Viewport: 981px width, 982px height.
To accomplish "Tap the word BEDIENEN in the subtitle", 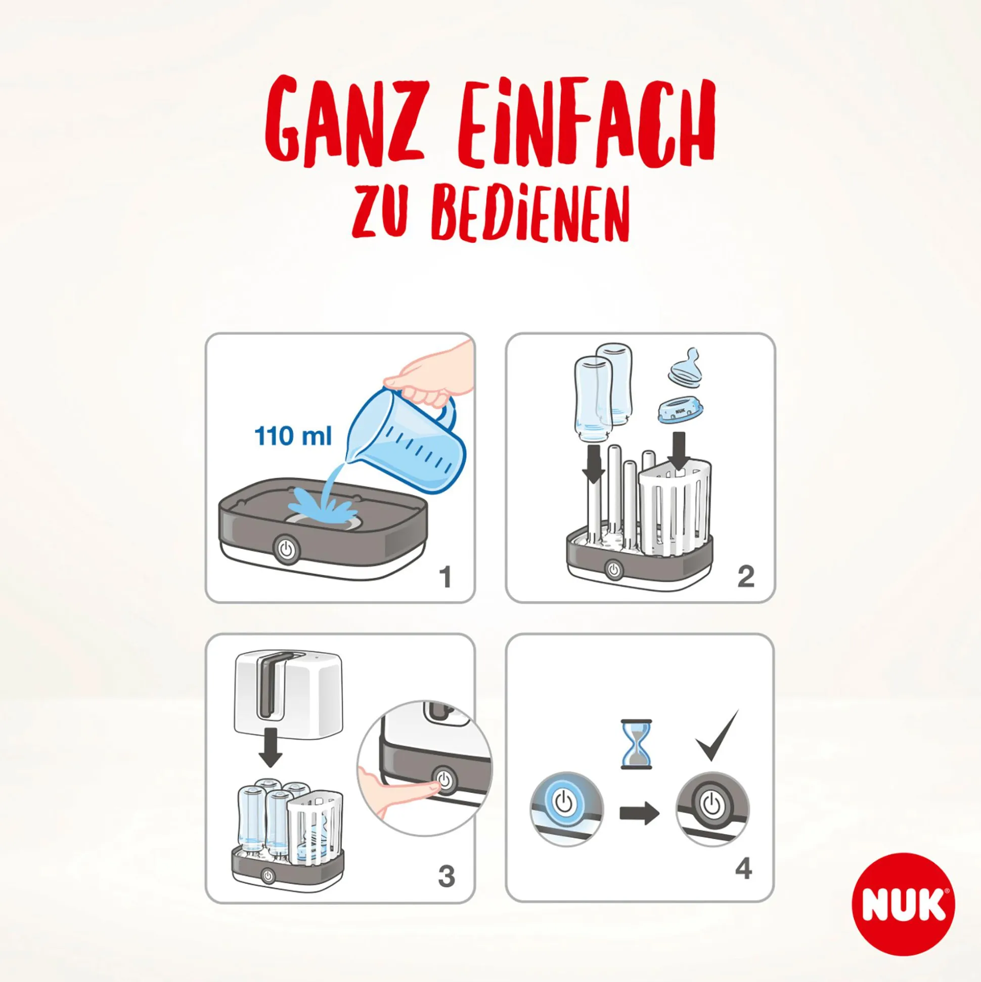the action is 530,214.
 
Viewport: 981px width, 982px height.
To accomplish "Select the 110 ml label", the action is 293,436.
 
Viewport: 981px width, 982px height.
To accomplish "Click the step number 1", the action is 445,577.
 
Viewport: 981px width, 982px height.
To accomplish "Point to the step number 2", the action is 745,577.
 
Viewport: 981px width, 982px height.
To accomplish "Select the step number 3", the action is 446,876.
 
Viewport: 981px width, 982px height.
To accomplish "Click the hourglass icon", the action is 636,744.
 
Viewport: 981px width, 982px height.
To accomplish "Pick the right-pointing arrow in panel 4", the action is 639,813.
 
